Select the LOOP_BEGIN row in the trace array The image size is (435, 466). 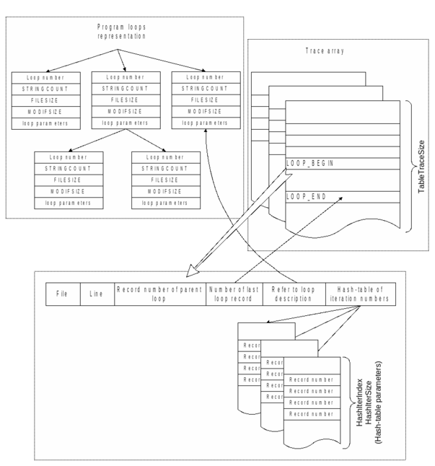click(x=309, y=164)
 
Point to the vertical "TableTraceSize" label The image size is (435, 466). click(x=423, y=165)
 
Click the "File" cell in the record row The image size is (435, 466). click(x=62, y=294)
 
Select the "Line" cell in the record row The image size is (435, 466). click(x=97, y=294)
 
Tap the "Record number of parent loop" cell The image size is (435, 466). click(x=160, y=294)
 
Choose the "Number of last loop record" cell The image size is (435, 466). click(x=234, y=294)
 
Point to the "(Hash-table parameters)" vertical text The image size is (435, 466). click(x=387, y=397)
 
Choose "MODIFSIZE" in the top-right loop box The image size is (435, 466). click(x=198, y=112)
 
